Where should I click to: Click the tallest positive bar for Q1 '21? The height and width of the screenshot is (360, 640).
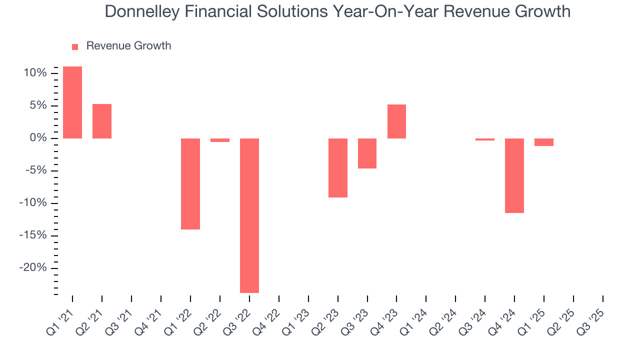72,102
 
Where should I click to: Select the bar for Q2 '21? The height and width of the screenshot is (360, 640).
102,121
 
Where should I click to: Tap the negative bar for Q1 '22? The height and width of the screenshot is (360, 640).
190,183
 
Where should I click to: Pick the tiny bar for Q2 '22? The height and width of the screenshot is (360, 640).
220,140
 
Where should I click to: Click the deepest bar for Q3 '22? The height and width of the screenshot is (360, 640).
249,215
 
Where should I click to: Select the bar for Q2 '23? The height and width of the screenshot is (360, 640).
338,167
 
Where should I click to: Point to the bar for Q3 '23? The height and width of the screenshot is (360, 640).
367,153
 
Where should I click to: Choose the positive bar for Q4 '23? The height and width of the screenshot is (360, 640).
396,121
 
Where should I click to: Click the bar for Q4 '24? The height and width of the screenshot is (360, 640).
514,175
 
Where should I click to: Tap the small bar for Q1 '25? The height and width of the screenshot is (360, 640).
544,142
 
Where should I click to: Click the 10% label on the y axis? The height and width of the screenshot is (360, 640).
35,73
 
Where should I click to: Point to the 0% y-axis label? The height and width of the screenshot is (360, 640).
38,138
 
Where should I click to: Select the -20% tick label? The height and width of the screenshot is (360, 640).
33,268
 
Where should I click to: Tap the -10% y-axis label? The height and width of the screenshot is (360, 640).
33,203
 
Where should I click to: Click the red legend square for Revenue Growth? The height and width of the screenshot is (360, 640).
75,46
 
